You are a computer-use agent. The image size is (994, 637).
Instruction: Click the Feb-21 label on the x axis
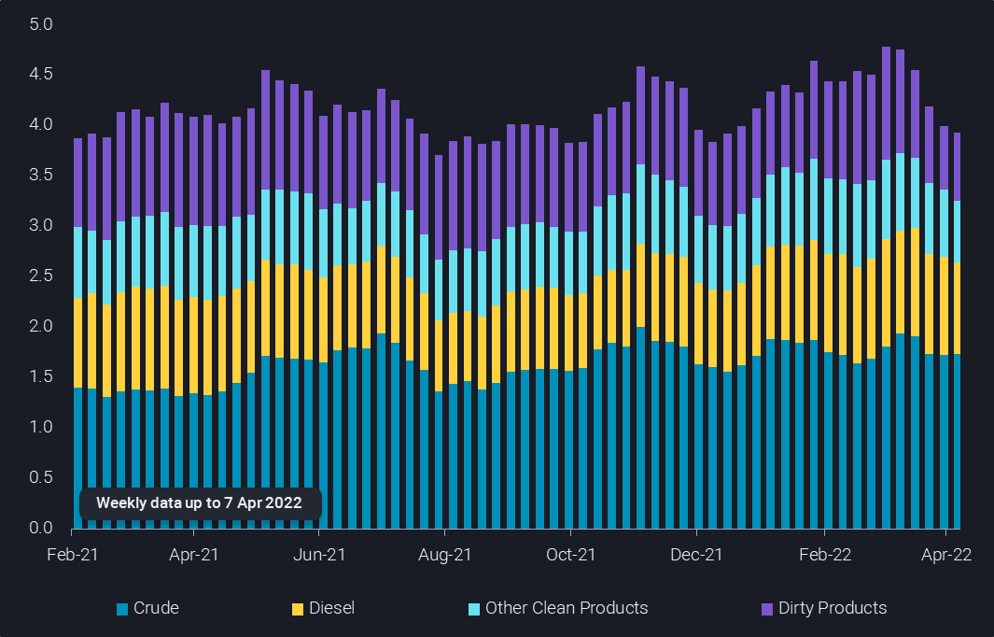[x=73, y=554]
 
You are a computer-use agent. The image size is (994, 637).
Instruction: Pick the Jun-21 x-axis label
[x=319, y=554]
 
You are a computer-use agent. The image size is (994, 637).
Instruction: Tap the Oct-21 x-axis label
[x=570, y=554]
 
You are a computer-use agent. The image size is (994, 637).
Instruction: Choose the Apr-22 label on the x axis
[x=946, y=554]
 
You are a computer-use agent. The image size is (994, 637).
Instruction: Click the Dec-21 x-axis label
[x=697, y=554]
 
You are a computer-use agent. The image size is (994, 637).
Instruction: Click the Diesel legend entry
[x=331, y=608]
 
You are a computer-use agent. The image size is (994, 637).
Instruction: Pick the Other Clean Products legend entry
[x=566, y=608]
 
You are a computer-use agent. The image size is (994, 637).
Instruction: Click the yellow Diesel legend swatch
[x=298, y=609]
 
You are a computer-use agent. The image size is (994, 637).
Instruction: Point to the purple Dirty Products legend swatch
[x=767, y=609]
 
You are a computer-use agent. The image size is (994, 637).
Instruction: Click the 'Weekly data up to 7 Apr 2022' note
[x=200, y=503]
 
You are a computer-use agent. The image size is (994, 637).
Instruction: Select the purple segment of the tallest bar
[x=886, y=103]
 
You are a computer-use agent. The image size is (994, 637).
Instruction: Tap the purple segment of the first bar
[x=78, y=183]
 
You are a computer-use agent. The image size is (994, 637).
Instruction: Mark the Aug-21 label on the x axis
[x=445, y=554]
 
